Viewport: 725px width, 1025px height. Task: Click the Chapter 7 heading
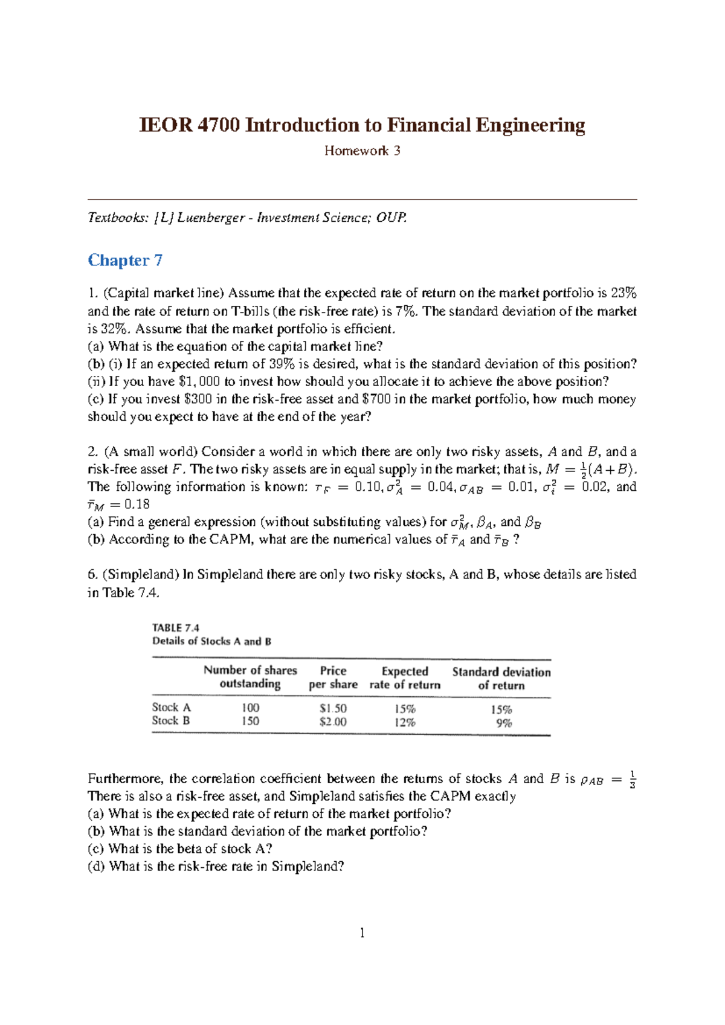point(125,260)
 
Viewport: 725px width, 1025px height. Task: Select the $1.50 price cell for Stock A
point(333,708)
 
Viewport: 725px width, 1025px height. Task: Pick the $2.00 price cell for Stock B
point(333,722)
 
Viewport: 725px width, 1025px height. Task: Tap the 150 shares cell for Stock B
point(250,722)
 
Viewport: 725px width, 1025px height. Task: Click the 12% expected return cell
point(405,723)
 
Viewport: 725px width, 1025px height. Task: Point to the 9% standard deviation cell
point(504,723)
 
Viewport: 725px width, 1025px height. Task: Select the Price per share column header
point(333,677)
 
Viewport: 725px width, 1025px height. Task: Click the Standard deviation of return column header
point(501,679)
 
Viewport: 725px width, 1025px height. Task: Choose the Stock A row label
point(171,708)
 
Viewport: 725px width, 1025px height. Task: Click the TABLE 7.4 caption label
point(176,628)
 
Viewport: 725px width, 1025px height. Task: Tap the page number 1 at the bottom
point(362,934)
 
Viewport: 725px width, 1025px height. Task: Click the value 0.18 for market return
point(137,505)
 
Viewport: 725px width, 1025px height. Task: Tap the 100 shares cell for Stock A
point(250,708)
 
